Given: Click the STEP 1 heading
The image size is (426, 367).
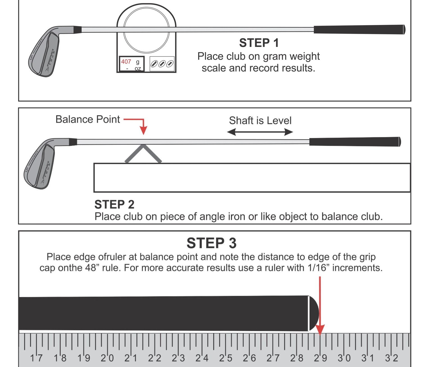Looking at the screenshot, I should point(259,43).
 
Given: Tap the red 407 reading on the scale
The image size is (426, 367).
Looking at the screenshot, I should point(126,62).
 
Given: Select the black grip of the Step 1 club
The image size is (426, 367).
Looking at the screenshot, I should point(359,30).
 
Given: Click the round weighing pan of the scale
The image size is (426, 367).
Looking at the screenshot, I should point(146,30).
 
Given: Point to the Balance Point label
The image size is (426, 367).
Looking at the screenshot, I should point(88,119).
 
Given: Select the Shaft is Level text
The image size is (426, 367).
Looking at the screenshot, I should point(260,121).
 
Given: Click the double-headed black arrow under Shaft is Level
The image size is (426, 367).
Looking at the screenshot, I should point(260,132).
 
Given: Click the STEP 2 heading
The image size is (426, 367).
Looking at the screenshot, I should point(114,205).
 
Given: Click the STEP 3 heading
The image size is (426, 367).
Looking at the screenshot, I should point(212,243).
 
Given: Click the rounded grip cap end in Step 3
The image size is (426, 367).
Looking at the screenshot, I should point(314,313).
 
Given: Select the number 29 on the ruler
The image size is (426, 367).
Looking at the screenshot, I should point(321,358).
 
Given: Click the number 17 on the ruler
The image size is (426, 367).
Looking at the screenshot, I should point(36,358).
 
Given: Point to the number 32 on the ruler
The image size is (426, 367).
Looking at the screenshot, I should point(392,358).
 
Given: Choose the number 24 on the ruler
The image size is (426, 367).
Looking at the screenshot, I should point(202,358).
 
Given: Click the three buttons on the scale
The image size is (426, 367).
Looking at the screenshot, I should point(162,64).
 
